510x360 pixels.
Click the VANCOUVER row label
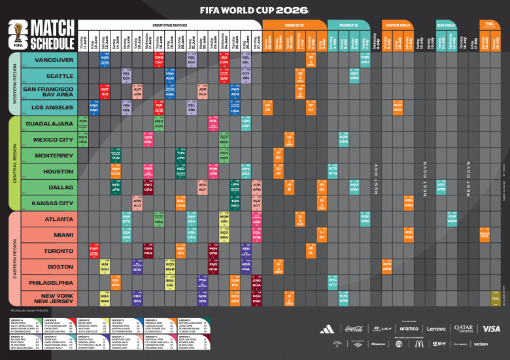tap(49, 60)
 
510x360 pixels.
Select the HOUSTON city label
tap(49, 171)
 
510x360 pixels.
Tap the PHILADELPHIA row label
tap(49, 283)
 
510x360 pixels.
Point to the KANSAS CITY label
tap(49, 203)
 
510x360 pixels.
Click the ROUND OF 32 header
tap(294, 24)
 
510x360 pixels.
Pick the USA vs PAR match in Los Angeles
tap(94, 108)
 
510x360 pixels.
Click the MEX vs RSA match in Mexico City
tap(83, 139)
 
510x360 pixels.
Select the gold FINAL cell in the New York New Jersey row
tap(495, 298)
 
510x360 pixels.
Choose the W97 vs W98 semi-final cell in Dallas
tap(441, 187)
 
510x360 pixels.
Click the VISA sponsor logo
tap(492, 329)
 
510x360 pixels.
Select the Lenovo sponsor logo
tap(436, 329)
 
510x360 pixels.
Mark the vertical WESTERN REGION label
tap(14, 84)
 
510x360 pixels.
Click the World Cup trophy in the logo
tap(18, 33)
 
